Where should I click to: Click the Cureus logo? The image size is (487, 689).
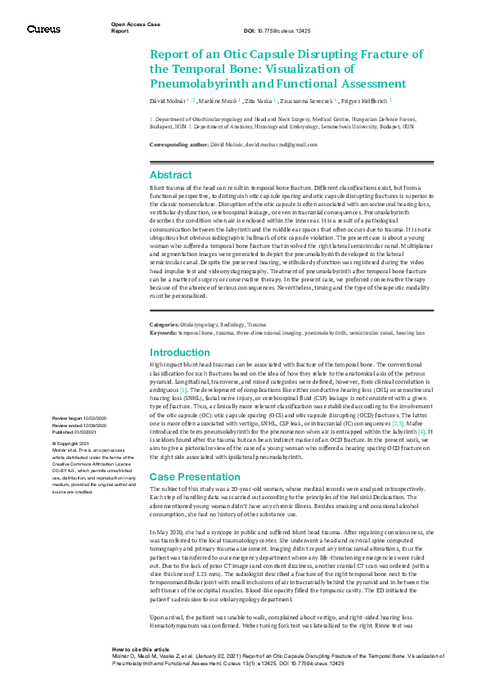(43, 29)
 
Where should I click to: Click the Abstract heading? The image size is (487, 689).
(171, 174)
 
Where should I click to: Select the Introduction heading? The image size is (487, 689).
(180, 353)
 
